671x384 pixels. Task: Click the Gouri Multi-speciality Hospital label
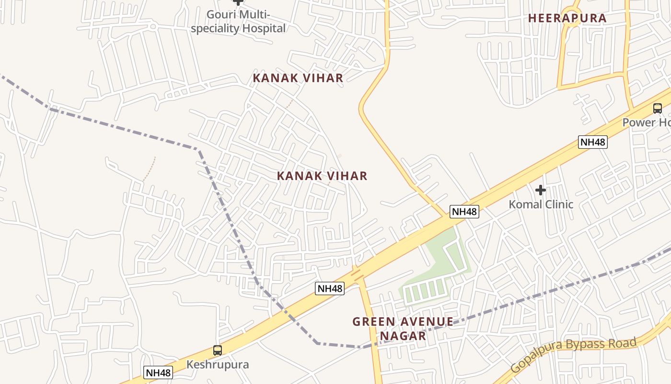[x=238, y=22]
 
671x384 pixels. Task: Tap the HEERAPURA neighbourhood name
[x=567, y=19]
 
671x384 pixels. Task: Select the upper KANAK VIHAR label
[x=298, y=78]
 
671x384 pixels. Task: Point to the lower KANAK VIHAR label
[x=322, y=176]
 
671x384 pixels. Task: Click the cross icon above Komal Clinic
[x=541, y=190]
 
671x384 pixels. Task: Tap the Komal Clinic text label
[x=541, y=204]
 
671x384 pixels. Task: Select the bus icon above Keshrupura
[x=218, y=350]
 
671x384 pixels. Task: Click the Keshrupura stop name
[x=218, y=365]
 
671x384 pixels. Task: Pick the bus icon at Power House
[x=657, y=108]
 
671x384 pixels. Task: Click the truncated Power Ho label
[x=646, y=122]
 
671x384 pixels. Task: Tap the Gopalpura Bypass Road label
[x=573, y=355]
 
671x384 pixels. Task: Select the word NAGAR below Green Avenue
[x=403, y=336]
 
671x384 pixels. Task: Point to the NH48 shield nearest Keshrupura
[x=158, y=372]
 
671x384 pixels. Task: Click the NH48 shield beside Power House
[x=593, y=142]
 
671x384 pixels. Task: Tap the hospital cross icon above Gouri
[x=238, y=2]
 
